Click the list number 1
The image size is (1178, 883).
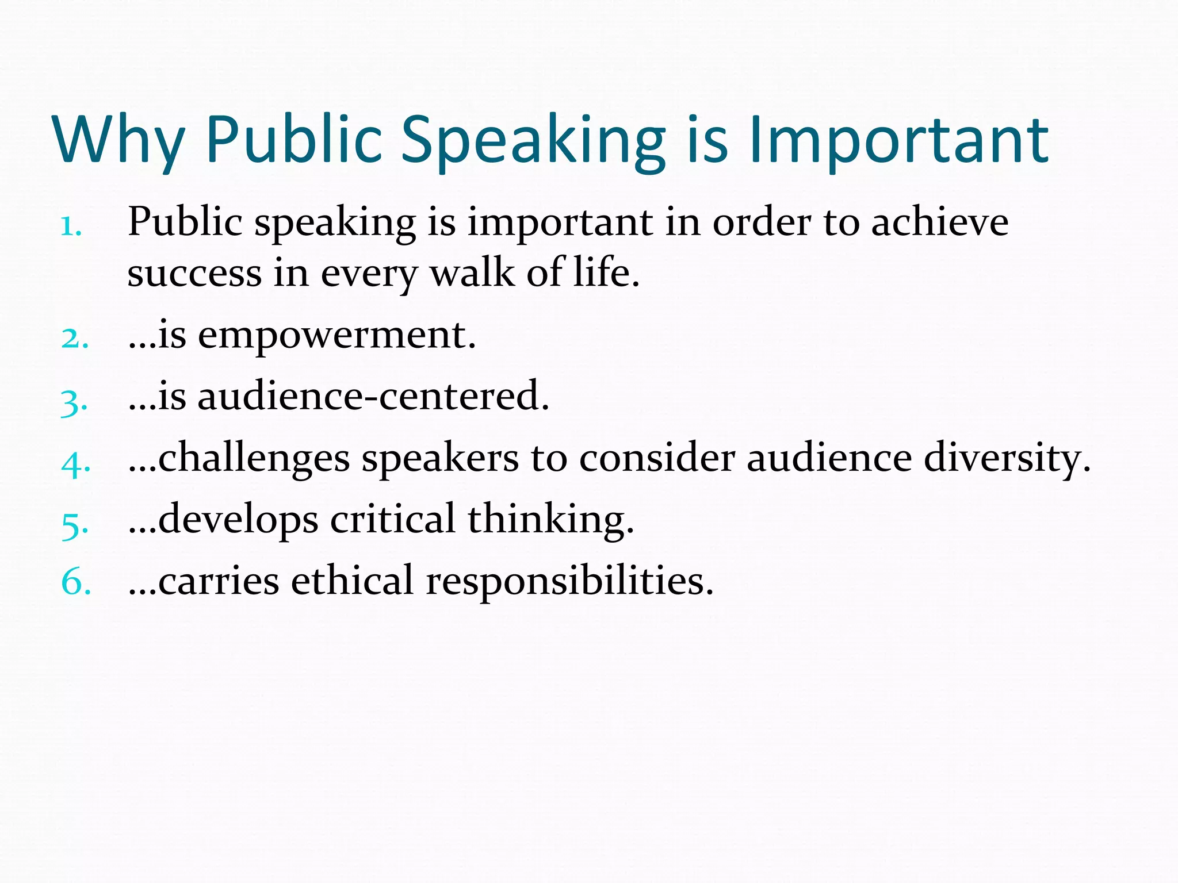tap(71, 226)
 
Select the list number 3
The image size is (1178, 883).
tap(74, 402)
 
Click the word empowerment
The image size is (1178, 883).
tap(336, 336)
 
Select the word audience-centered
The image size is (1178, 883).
tap(373, 397)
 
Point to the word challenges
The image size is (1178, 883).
tap(254, 459)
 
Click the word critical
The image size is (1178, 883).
tap(392, 520)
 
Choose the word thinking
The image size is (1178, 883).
tap(550, 521)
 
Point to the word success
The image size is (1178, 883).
tap(194, 274)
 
